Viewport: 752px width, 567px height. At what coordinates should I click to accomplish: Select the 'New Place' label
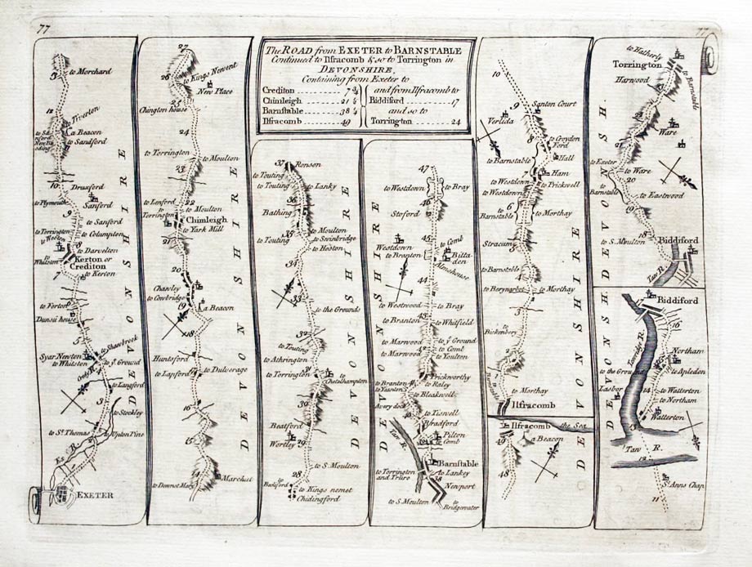215,92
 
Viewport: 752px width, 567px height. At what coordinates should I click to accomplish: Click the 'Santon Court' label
555,104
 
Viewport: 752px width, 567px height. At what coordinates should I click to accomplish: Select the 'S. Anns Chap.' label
675,488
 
